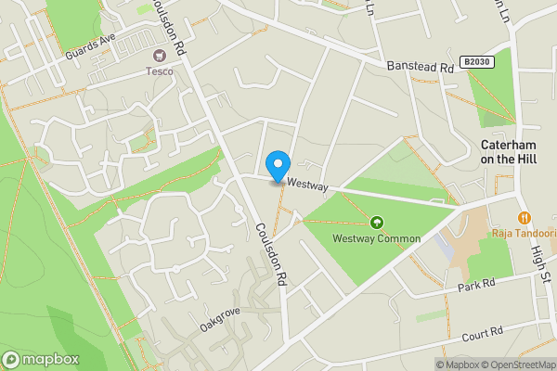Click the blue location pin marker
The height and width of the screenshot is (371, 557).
coord(277,165)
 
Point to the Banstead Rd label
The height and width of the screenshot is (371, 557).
coord(419,66)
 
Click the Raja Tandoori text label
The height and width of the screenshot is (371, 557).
coord(524,232)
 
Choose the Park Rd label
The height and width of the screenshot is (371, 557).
coord(476,287)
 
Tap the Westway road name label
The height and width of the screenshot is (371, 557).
coord(308,185)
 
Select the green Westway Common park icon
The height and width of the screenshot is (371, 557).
coord(377,223)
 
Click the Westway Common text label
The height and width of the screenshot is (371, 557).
coord(377,238)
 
